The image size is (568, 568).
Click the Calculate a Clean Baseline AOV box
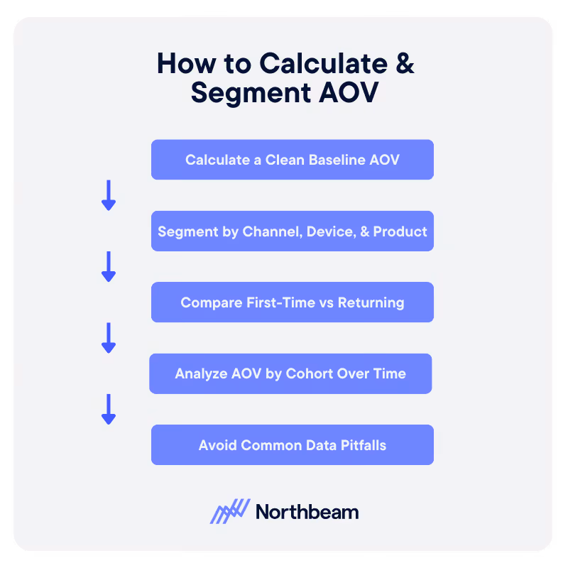tap(292, 160)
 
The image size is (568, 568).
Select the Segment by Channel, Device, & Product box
tap(292, 231)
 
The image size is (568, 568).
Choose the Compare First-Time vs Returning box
tap(292, 302)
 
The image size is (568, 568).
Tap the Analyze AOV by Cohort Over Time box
tap(290, 373)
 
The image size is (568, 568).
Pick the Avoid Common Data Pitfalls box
tap(292, 445)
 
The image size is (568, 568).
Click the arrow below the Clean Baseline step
tap(109, 195)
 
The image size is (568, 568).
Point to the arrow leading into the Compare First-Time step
tap(109, 266)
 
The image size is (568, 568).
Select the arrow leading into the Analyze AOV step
tap(109, 338)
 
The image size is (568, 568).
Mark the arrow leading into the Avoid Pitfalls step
tap(109, 409)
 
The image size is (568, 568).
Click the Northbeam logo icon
tap(230, 511)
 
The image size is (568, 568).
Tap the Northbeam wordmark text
tap(307, 512)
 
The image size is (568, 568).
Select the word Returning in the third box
tap(371, 302)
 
